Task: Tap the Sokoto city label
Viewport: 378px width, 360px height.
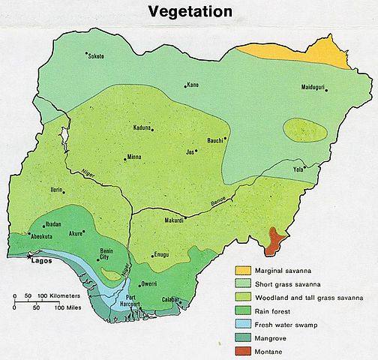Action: coord(96,56)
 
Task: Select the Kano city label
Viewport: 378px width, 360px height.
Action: coord(193,84)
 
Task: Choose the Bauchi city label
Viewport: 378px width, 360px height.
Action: coord(216,140)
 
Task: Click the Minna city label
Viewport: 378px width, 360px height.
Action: coord(134,157)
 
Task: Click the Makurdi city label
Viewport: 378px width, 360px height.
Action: coord(174,220)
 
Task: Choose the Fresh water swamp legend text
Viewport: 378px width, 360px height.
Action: coord(290,323)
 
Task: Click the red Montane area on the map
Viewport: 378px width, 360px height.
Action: coord(276,238)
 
